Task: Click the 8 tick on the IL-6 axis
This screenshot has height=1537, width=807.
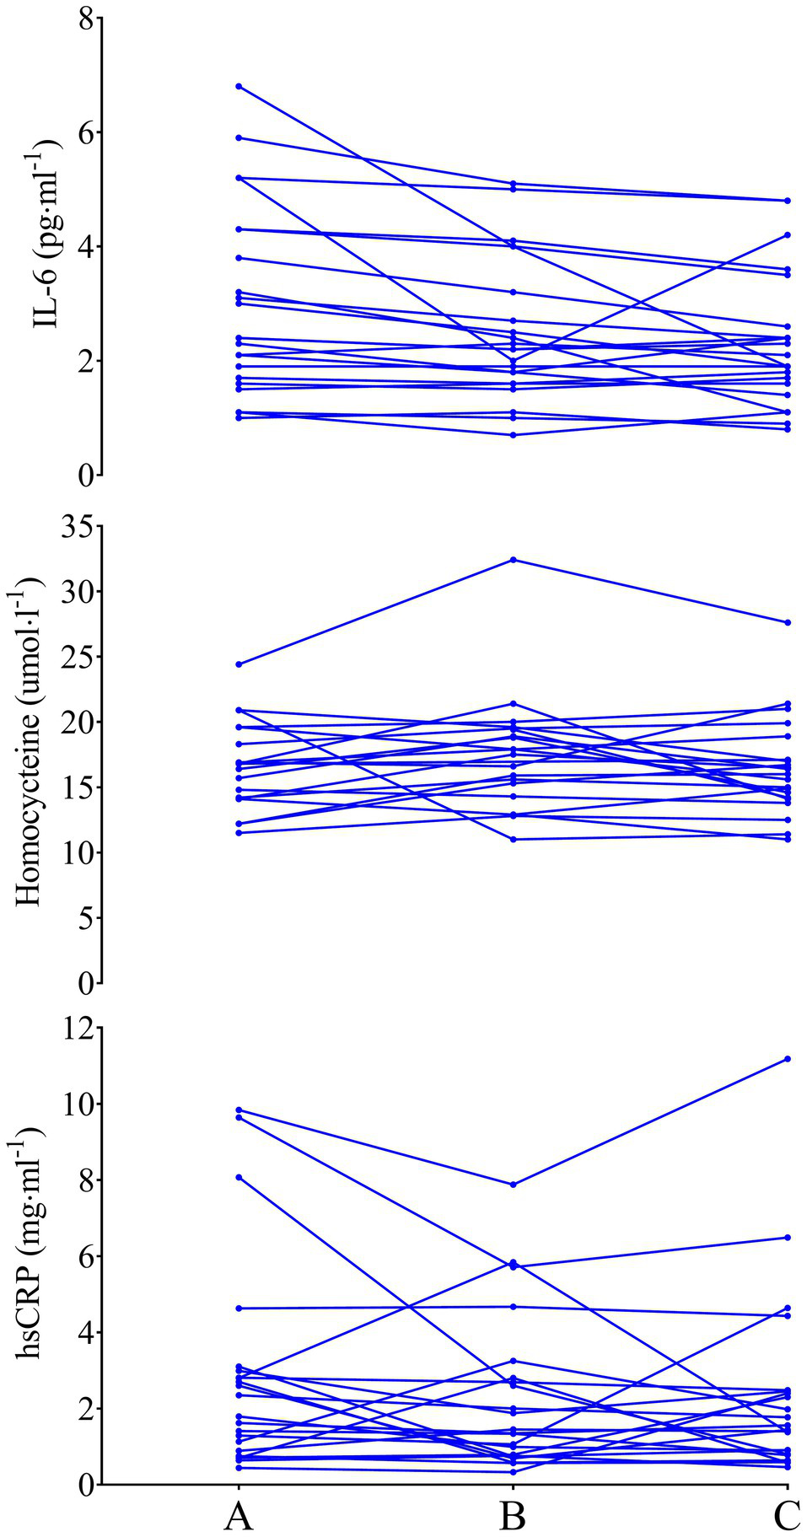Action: coord(84,19)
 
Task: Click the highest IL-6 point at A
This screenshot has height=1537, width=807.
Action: coord(239,86)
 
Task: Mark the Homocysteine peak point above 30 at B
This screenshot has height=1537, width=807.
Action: coord(513,560)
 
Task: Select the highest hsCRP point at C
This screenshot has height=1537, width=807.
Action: coord(788,1058)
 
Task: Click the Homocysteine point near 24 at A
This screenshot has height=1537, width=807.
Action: coord(239,664)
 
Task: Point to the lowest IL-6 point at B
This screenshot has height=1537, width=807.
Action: coord(513,435)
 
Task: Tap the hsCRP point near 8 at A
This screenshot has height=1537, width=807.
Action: coord(239,1177)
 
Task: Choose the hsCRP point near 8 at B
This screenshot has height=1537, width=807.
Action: coord(513,1185)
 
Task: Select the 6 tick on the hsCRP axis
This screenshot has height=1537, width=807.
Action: coord(84,1256)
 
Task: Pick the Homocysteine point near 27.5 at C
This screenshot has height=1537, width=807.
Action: coord(788,622)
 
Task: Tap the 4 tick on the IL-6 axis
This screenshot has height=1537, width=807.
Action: coord(84,247)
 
